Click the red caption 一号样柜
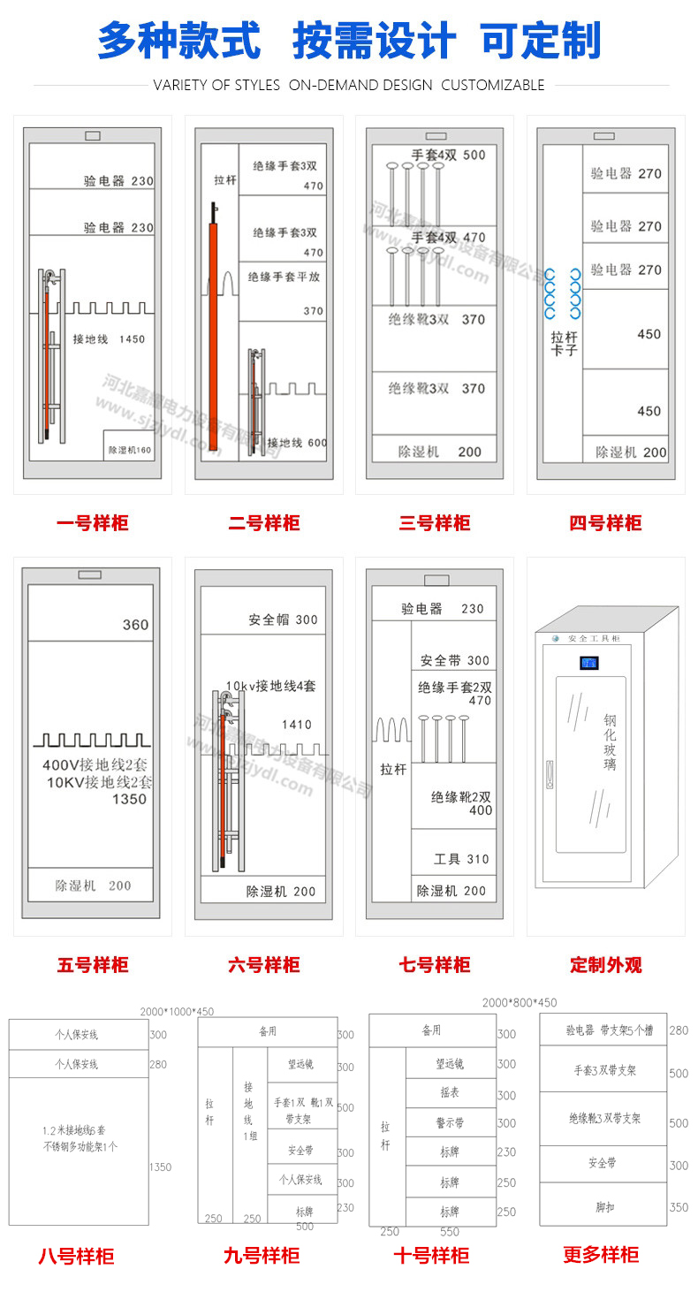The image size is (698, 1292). point(92,523)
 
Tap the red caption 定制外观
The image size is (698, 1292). point(605,965)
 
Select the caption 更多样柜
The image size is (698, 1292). point(601,1255)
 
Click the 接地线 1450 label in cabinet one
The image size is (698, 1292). point(108,339)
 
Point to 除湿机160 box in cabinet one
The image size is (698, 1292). point(130,450)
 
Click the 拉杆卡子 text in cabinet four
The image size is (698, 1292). point(564,344)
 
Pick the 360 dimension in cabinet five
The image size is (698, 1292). point(135,625)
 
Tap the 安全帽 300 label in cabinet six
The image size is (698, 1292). point(283,619)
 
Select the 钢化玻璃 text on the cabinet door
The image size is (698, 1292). point(610,742)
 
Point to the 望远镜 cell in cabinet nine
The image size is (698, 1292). point(302,1066)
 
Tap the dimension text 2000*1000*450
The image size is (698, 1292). point(177,1012)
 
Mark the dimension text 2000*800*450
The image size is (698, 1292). point(520,1002)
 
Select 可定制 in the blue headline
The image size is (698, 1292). point(540,41)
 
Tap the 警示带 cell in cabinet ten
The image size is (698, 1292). point(450,1122)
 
